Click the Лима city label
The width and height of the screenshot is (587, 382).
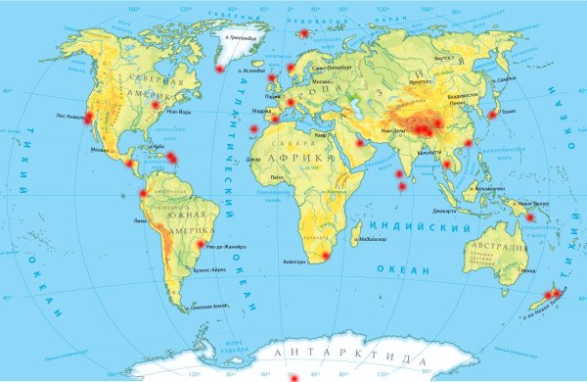138,222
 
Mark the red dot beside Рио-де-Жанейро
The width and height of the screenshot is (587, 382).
202,245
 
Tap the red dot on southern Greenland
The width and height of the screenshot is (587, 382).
219,69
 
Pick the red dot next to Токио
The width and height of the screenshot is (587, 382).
491,115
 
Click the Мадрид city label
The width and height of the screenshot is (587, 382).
262,111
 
